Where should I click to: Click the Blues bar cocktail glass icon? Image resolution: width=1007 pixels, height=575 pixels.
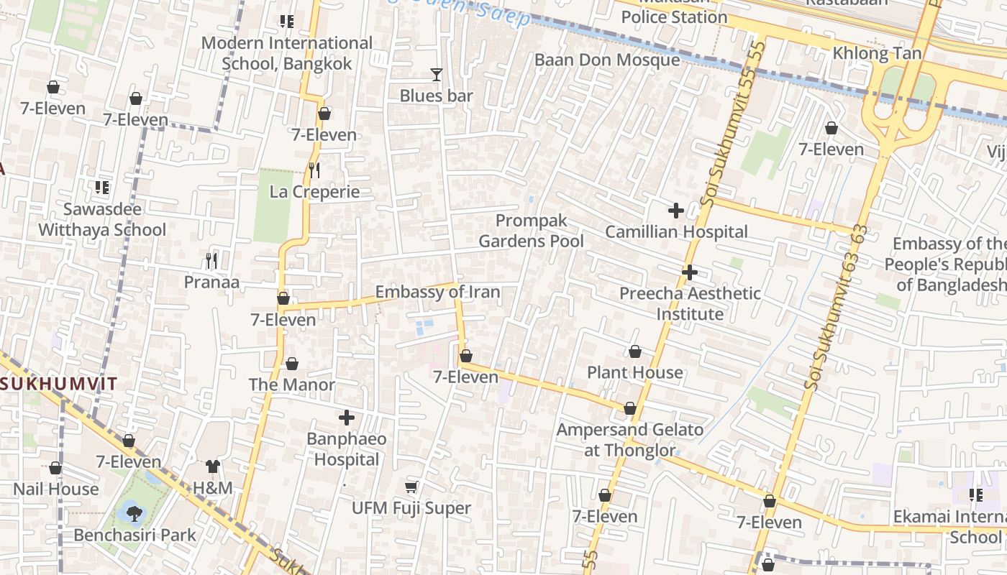click(x=436, y=74)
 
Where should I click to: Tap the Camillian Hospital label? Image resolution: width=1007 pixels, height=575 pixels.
click(x=676, y=232)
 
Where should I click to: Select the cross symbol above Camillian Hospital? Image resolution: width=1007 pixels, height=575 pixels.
click(x=675, y=211)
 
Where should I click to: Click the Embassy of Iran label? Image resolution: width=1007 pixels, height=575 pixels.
click(x=437, y=293)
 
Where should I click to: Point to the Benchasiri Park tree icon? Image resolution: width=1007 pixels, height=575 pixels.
click(x=134, y=513)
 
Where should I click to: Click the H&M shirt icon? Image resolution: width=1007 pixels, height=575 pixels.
click(x=212, y=466)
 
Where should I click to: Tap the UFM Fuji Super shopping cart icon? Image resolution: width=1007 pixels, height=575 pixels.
click(x=411, y=487)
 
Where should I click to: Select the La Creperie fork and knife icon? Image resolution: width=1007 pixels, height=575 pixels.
click(x=314, y=170)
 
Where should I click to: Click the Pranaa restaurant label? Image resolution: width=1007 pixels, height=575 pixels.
click(x=211, y=282)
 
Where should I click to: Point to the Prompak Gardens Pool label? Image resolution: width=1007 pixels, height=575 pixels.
click(x=532, y=231)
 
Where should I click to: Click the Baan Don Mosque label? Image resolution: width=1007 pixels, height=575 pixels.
click(x=606, y=60)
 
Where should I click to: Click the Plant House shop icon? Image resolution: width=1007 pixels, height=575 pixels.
click(x=634, y=351)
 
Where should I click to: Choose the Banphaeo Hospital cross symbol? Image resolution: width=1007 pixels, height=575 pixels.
click(x=347, y=417)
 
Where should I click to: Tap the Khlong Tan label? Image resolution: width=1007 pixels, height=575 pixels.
click(x=876, y=54)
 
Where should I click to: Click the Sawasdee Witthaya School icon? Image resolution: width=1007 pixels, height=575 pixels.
click(x=102, y=188)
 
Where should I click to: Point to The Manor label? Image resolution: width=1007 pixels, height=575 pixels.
click(x=291, y=385)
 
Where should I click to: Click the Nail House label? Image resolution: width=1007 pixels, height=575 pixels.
click(x=55, y=489)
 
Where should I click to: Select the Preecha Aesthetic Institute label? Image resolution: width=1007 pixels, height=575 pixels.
click(x=690, y=303)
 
